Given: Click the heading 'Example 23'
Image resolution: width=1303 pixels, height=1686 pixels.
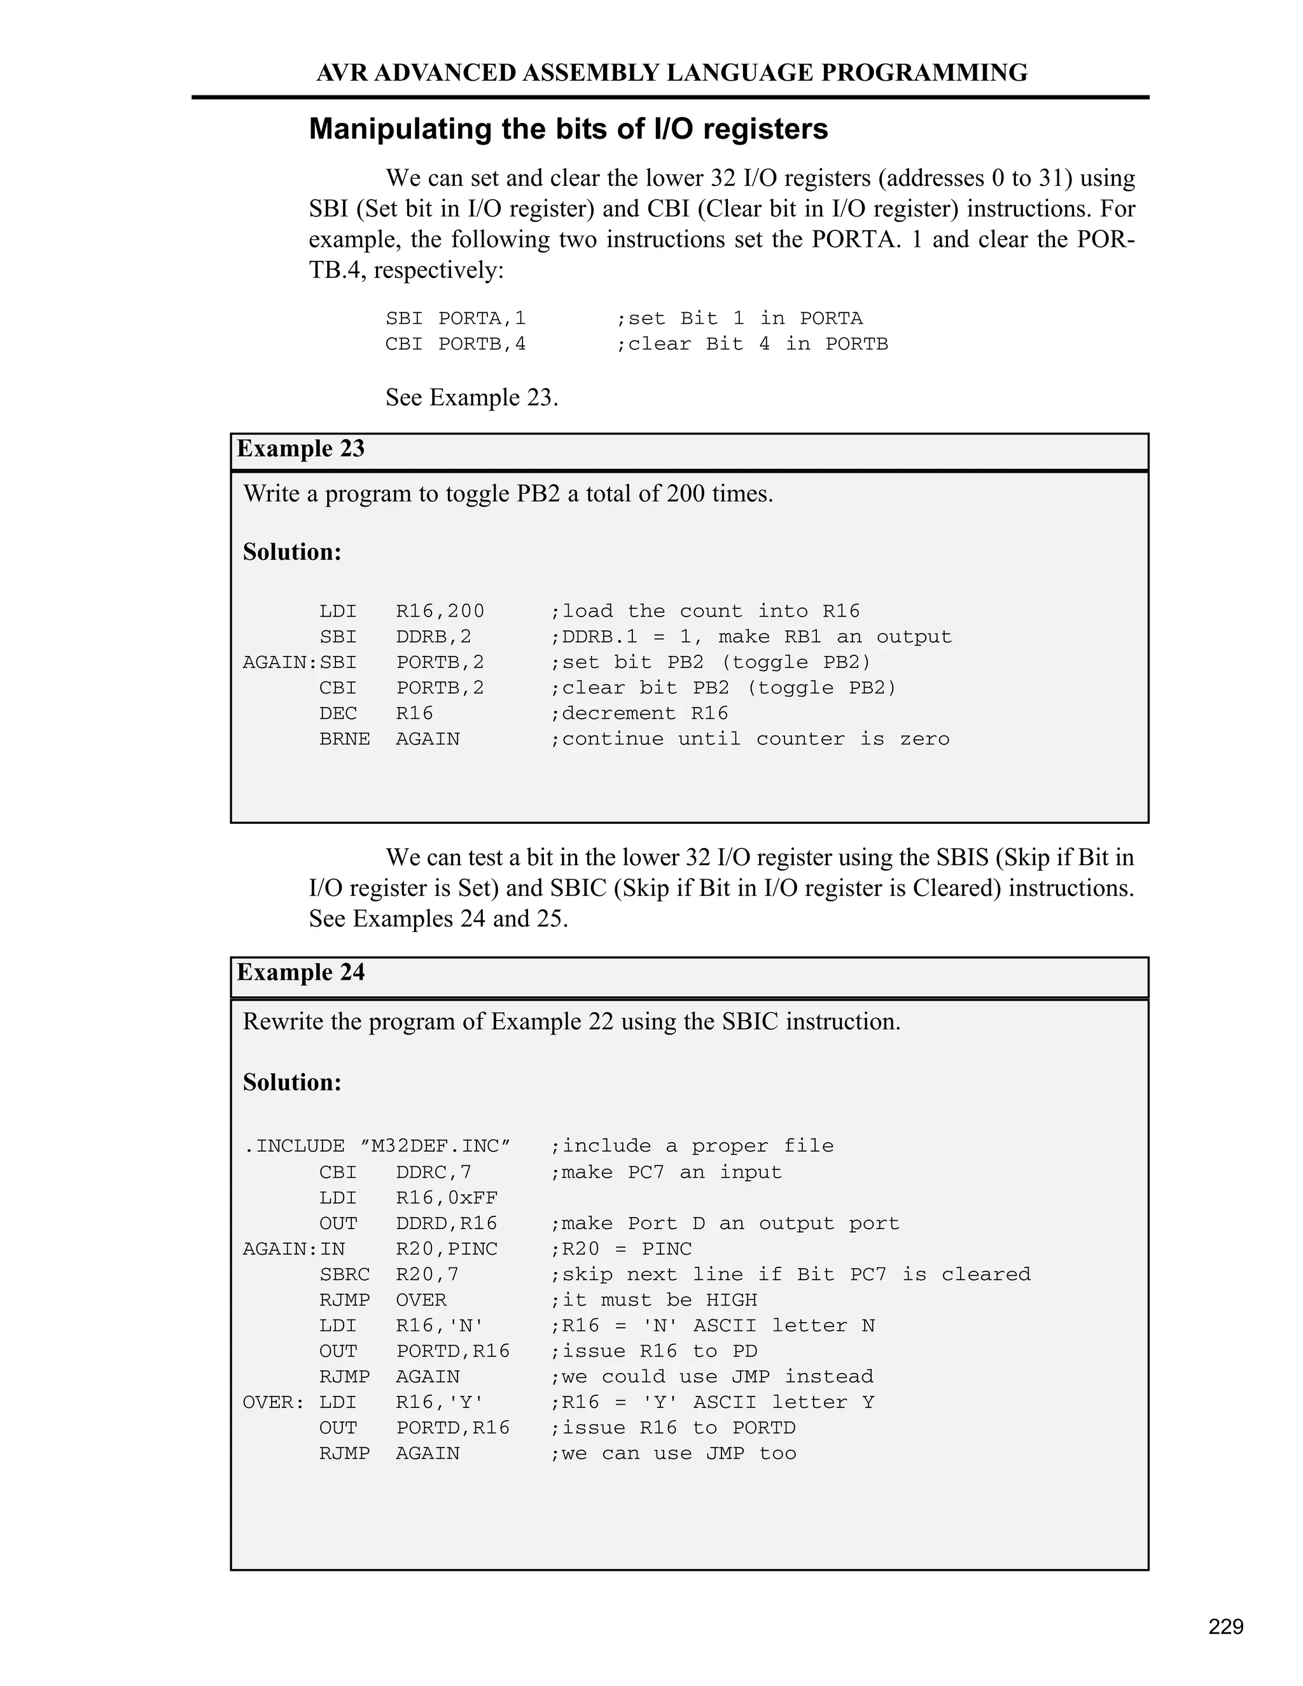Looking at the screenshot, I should click(x=300, y=449).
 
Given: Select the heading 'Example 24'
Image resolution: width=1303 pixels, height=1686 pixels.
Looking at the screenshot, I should click(x=300, y=973).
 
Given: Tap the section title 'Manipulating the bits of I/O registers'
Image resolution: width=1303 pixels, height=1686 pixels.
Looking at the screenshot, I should click(x=568, y=129).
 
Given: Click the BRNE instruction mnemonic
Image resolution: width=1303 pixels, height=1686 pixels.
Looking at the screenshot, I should click(x=344, y=739).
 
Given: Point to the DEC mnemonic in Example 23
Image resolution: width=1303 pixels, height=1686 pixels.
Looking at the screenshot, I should click(x=337, y=714).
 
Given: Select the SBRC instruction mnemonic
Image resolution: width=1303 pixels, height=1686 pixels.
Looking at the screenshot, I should click(x=344, y=1274).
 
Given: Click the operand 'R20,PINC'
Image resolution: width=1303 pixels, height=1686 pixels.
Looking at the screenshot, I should click(x=447, y=1249).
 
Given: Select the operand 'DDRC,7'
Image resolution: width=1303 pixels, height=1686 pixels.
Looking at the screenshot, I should click(x=434, y=1173).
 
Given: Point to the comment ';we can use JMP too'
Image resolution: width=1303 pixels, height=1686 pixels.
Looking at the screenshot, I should click(x=673, y=1454).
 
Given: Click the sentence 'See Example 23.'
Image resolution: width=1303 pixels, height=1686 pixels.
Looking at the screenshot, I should click(x=471, y=398).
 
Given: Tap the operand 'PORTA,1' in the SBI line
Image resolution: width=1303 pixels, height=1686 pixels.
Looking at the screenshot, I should click(x=482, y=319).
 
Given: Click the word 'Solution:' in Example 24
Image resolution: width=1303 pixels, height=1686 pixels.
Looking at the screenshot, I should click(x=292, y=1083).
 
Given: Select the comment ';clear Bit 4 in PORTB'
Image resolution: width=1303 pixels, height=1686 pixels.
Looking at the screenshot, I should click(x=752, y=344).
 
